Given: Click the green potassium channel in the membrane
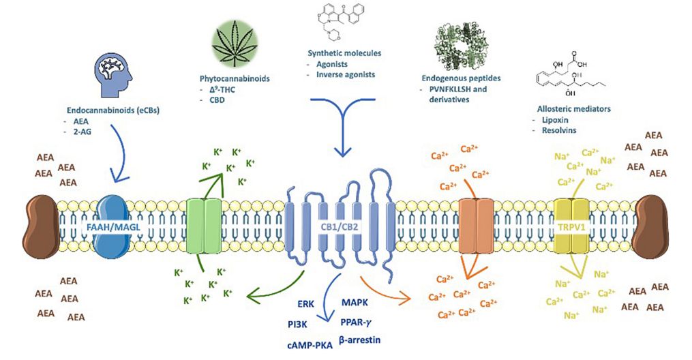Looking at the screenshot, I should click(x=205, y=225).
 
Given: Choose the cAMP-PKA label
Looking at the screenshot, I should click(x=309, y=346).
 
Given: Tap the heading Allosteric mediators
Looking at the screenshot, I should click(x=567, y=109).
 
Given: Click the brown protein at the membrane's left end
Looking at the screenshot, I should click(x=42, y=225).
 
